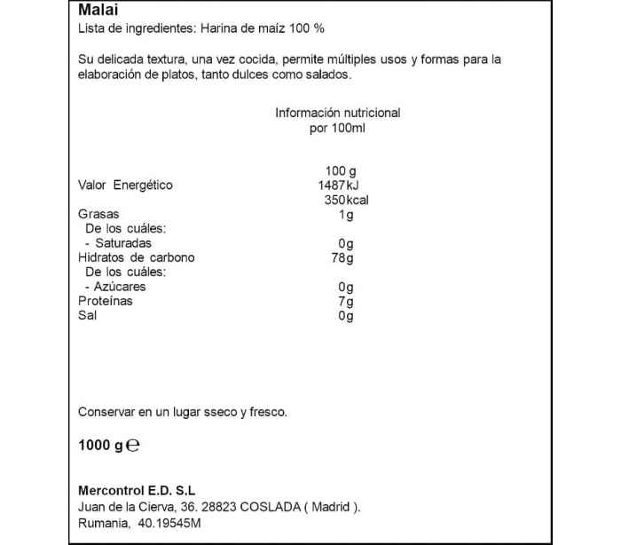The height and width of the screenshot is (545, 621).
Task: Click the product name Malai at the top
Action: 95,11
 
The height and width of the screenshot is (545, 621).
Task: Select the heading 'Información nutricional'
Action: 337,113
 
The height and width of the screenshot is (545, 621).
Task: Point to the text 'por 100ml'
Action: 337,128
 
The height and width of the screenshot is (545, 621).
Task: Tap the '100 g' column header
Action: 340,170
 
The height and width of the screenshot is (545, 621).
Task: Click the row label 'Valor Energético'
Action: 126,186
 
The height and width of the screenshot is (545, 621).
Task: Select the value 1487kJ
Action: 337,186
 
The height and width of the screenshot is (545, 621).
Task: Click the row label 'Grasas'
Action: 98,215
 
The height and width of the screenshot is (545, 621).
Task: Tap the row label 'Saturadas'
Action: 122,243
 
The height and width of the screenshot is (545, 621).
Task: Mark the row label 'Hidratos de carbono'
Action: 137,257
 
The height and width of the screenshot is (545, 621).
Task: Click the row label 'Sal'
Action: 88,315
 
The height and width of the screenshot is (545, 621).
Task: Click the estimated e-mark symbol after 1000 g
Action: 134,446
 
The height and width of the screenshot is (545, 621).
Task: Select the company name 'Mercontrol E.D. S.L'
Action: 137,490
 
